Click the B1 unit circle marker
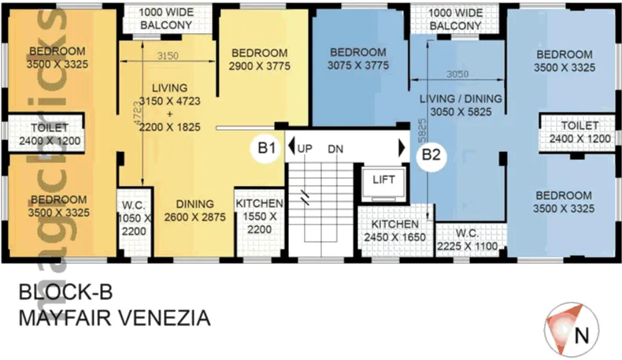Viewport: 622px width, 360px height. pos(266,147)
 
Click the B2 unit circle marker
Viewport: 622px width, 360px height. pos(431,154)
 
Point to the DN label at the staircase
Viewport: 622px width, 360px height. pos(335,148)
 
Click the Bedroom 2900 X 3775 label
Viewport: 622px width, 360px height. pos(259,60)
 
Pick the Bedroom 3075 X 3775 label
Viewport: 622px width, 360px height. pos(357,60)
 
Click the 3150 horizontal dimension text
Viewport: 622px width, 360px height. pos(168,56)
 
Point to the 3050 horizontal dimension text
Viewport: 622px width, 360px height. pos(457,74)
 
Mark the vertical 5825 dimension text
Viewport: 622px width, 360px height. pos(422,132)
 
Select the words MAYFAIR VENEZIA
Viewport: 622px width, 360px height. pos(113,319)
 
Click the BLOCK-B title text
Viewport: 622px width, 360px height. pos(66,295)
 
